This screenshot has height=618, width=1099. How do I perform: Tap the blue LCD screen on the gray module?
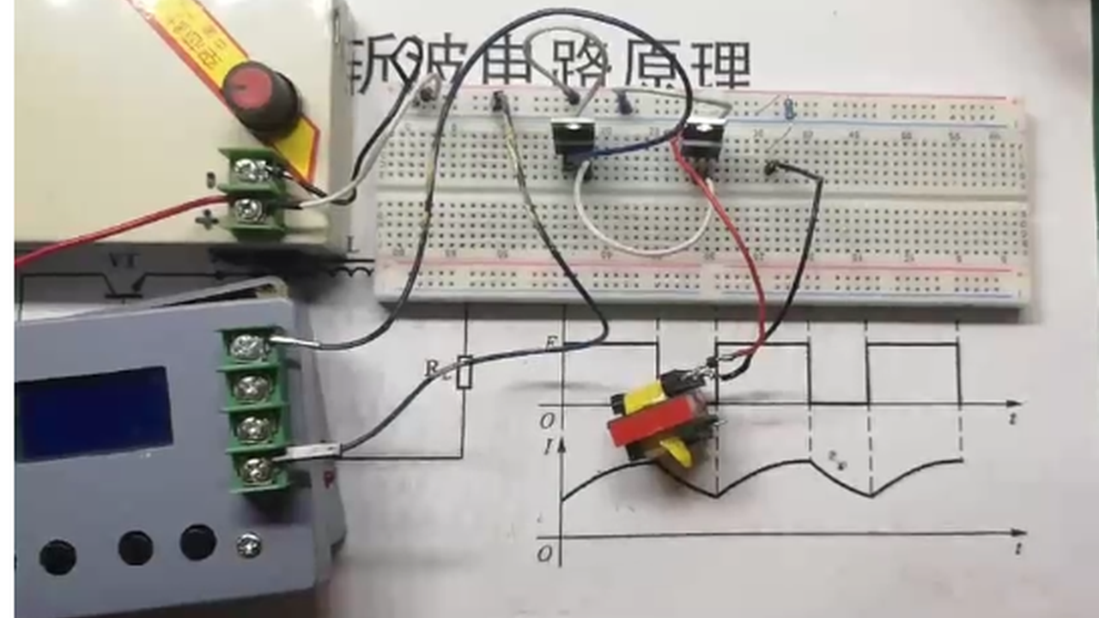94,413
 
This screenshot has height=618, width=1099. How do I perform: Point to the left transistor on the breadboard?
569,137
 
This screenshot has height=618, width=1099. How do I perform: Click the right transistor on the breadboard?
702,137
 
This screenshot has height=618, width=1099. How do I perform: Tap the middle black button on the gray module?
136,547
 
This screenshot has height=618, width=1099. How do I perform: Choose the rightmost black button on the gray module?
197,542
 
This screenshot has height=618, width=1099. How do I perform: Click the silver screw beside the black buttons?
248,543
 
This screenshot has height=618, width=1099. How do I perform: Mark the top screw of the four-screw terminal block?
249,347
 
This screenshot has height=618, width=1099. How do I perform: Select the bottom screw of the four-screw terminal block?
252,470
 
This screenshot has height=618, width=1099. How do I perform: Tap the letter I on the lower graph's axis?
549,446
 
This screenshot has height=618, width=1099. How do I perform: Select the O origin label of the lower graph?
545,554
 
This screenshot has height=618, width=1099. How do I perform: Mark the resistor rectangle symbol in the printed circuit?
464,372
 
